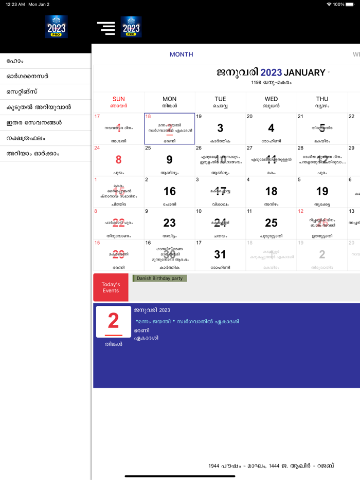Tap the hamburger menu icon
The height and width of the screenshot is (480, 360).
(x=106, y=27)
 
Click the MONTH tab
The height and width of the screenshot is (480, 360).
(x=181, y=54)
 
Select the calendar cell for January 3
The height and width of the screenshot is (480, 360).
(x=220, y=128)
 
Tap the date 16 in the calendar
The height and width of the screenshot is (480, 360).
(x=169, y=191)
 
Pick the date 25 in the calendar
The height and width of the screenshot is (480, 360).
(x=271, y=223)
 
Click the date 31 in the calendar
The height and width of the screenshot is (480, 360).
(x=220, y=254)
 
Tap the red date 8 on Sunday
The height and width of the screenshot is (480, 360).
(x=118, y=160)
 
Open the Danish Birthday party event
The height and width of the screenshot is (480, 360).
(x=159, y=278)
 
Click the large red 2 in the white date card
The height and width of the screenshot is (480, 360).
(x=113, y=321)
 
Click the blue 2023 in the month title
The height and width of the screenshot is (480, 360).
(x=271, y=72)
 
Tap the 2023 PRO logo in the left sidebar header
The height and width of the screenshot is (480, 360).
(x=56, y=27)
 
